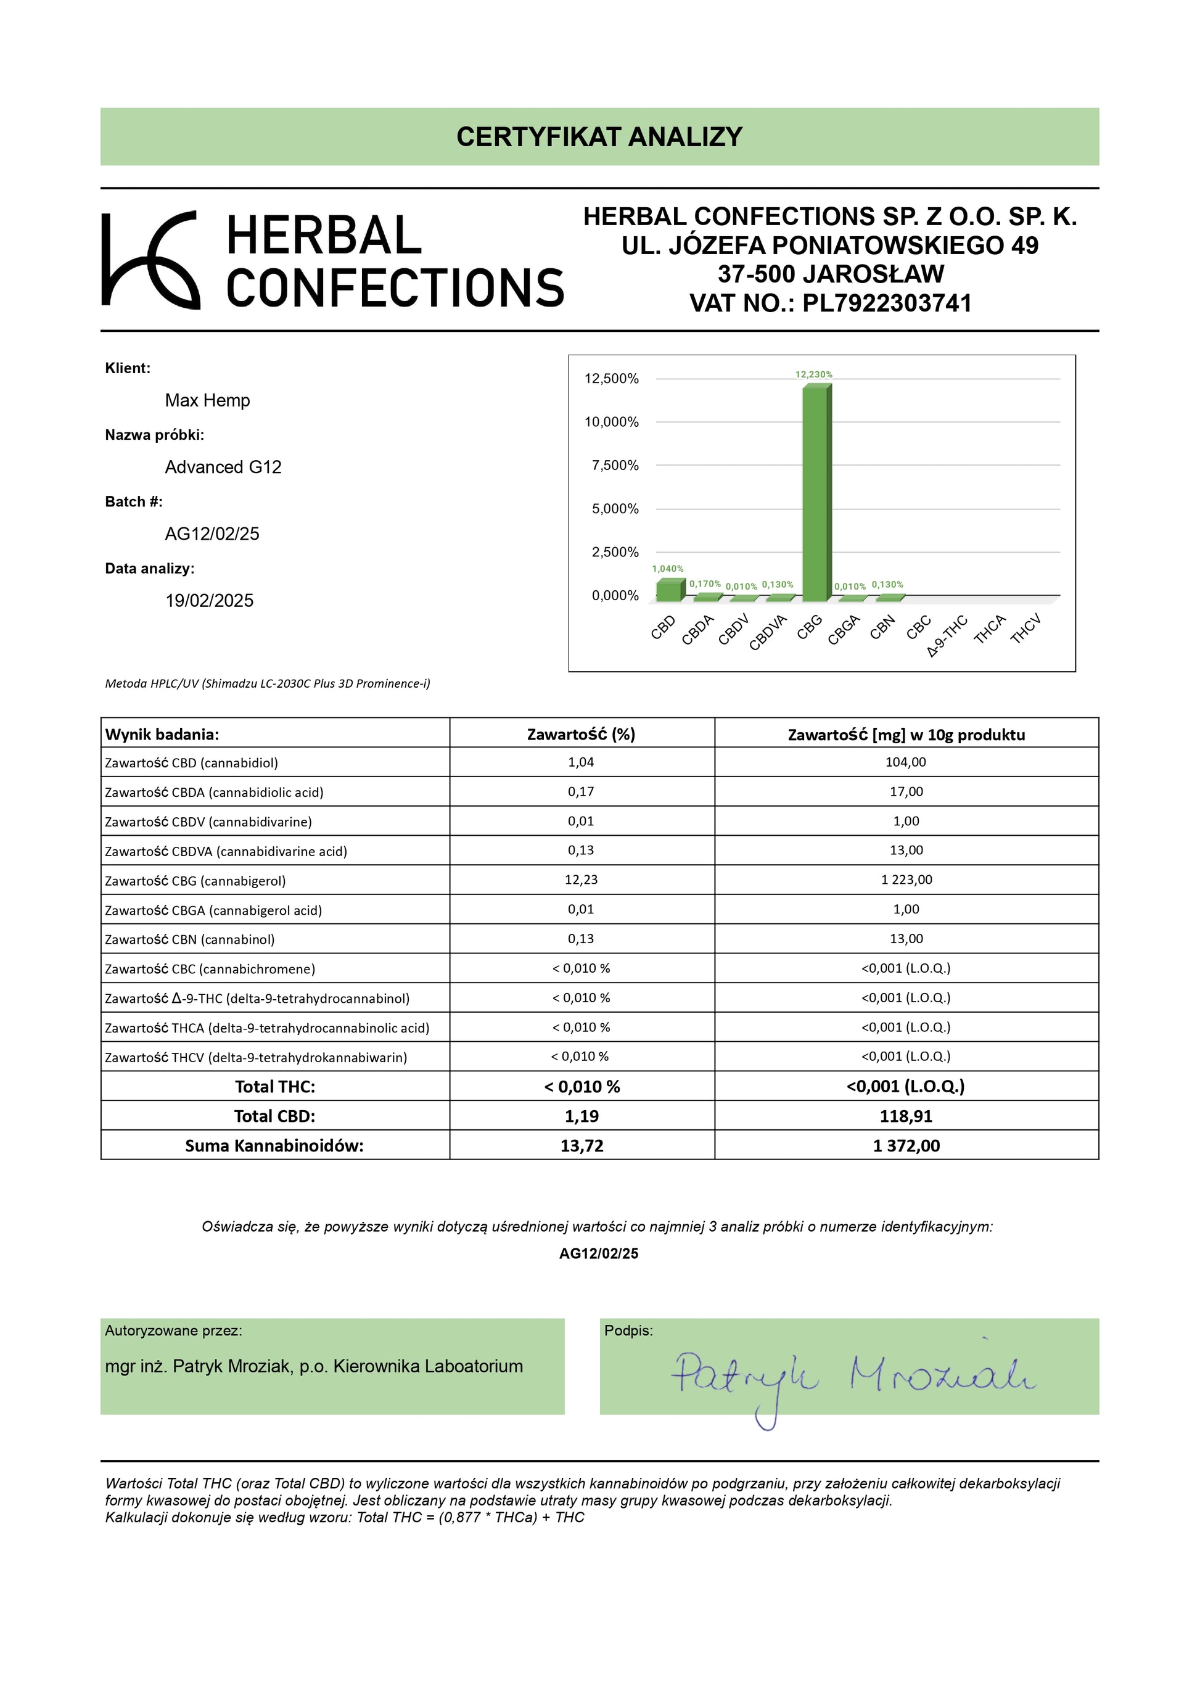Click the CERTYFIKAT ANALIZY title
point(599,137)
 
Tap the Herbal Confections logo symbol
point(150,260)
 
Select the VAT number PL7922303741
point(887,303)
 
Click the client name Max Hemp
point(207,400)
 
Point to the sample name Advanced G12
point(223,467)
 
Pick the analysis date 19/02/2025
point(209,601)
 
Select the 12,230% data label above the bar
point(813,374)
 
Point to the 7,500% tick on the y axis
point(614,465)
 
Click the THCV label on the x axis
point(1025,629)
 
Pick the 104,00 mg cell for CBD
point(906,762)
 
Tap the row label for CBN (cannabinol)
point(190,939)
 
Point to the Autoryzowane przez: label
point(174,1330)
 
